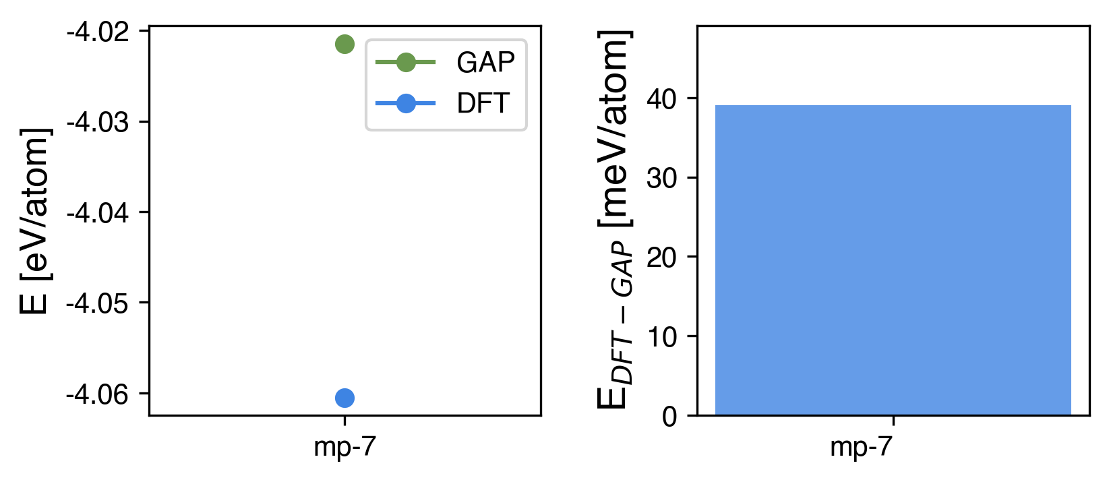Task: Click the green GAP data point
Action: (x=344, y=44)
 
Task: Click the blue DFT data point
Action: (x=344, y=398)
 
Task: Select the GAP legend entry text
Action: (x=485, y=63)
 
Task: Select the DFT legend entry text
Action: (x=483, y=104)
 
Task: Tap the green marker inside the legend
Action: (x=405, y=63)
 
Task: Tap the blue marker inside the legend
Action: (x=405, y=104)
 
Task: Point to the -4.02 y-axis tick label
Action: (x=98, y=32)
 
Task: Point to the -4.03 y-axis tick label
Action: (x=98, y=122)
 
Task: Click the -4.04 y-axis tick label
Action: (x=98, y=213)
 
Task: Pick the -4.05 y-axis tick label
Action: (x=98, y=303)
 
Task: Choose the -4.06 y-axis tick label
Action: (x=98, y=394)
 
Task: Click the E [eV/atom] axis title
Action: (x=34, y=221)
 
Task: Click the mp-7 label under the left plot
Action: (x=344, y=448)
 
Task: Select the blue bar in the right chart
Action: (x=893, y=260)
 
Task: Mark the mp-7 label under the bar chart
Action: (x=861, y=448)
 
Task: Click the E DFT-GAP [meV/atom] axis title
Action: (x=615, y=220)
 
